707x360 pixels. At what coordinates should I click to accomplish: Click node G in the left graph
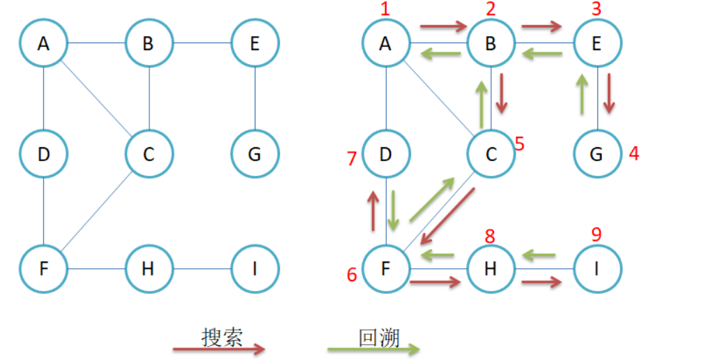click(x=255, y=154)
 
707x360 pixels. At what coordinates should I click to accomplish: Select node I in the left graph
click(x=255, y=269)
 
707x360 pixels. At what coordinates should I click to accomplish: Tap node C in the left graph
click(x=149, y=154)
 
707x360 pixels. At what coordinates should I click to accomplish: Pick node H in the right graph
click(x=491, y=269)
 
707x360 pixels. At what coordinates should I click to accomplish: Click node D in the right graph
click(x=386, y=154)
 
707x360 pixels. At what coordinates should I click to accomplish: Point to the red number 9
click(x=596, y=235)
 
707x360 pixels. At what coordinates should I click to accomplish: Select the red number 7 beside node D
click(x=352, y=159)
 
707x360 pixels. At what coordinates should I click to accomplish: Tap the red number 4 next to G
click(x=634, y=153)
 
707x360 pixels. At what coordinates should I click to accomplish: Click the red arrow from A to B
click(x=443, y=27)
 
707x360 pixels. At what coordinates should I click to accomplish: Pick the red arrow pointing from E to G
click(x=610, y=92)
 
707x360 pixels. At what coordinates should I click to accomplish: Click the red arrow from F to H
click(x=436, y=283)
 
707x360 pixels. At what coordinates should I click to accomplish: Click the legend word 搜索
click(x=222, y=338)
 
